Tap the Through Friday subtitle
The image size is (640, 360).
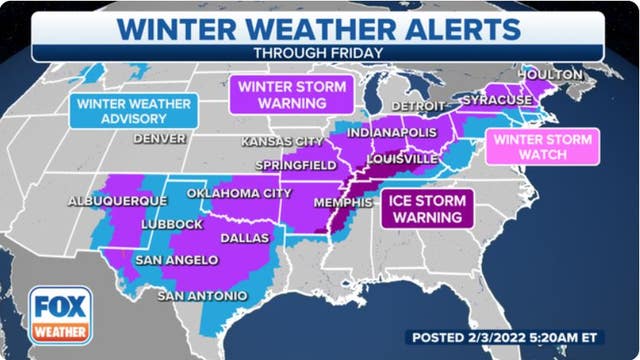[320, 53]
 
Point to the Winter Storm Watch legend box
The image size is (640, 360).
[542, 147]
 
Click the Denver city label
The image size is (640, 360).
[162, 138]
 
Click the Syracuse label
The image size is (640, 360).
[497, 101]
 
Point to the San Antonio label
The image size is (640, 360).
[202, 296]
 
